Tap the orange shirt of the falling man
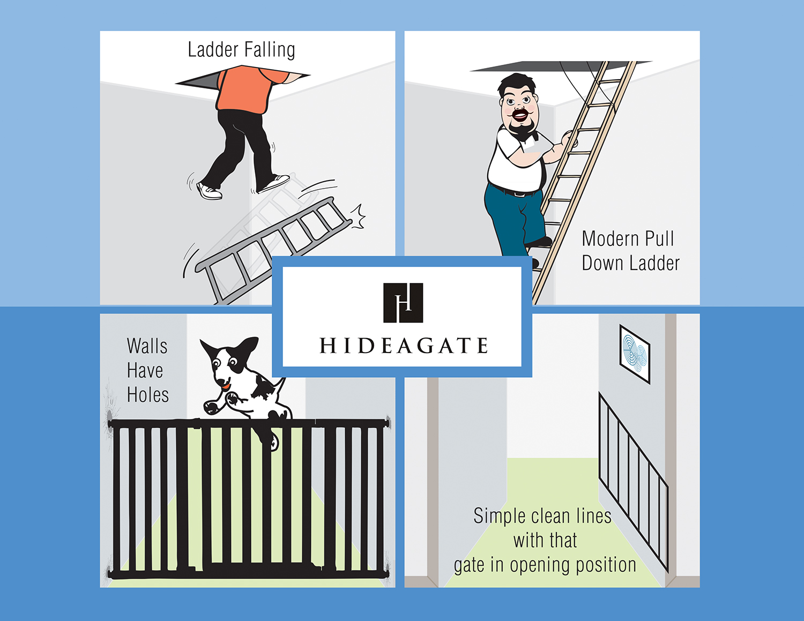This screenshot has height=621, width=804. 251,89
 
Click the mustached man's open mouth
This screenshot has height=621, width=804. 519,116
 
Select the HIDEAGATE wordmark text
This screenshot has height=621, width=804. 403,346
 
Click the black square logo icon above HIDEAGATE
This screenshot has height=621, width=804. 403,303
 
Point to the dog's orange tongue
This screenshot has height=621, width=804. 225,387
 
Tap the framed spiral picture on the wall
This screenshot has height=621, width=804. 635,354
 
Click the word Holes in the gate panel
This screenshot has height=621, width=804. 147,395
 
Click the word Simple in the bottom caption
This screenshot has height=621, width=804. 500,516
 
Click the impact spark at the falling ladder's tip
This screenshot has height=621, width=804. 358,216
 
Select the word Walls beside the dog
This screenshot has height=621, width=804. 147,346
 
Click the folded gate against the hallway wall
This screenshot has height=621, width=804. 634,482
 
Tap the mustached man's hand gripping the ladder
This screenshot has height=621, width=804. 569,139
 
